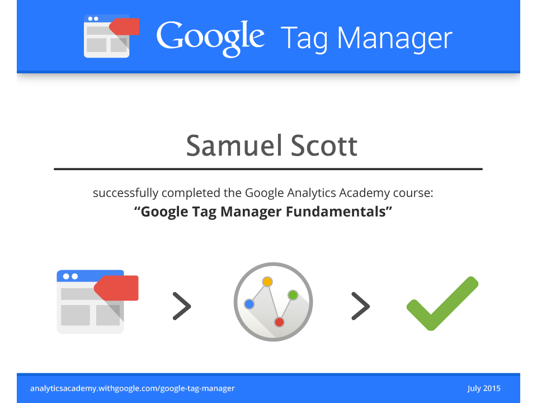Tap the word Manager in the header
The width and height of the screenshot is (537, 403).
tap(394, 39)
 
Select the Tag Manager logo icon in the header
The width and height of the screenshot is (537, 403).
tap(112, 36)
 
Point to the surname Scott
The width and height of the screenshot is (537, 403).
tap(324, 146)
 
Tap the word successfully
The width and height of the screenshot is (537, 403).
tap(125, 193)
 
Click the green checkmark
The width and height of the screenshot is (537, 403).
tap(442, 303)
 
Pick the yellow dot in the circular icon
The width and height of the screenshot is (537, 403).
tap(267, 282)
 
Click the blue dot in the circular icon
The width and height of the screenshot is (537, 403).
tap(249, 304)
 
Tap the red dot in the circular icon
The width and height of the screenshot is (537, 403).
tap(280, 322)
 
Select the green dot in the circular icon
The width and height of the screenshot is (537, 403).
tap(293, 295)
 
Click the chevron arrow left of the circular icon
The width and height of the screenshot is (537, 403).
tap(182, 306)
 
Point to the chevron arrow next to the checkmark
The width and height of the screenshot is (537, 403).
tap(361, 306)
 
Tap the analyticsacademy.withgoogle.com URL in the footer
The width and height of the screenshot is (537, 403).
tap(132, 388)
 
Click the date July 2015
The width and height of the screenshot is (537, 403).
tap(484, 388)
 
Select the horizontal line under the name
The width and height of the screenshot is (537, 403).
tap(268, 169)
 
